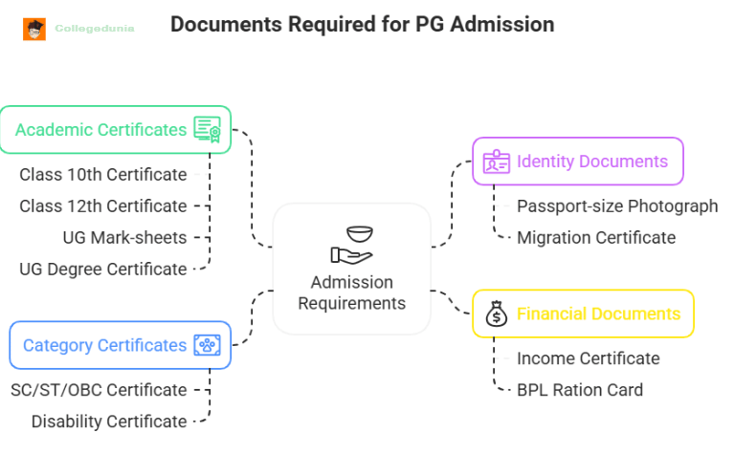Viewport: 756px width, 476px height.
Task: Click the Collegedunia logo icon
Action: (34, 29)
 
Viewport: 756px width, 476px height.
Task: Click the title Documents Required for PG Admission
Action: (362, 25)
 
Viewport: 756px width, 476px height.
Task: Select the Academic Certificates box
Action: (115, 130)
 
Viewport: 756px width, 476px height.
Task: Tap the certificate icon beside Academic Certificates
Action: (208, 130)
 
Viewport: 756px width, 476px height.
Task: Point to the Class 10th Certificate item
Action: (103, 175)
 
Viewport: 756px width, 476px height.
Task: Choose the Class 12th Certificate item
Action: (103, 206)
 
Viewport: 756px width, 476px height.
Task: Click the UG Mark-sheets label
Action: (124, 238)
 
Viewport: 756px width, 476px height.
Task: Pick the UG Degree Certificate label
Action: (103, 270)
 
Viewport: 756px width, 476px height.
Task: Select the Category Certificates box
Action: (119, 345)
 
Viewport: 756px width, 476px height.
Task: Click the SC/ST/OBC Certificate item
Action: (99, 390)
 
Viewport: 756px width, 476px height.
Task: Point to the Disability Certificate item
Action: (109, 422)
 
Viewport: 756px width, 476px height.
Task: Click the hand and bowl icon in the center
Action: (351, 244)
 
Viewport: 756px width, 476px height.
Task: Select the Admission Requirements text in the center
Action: (351, 293)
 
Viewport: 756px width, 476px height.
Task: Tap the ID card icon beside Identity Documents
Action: (497, 162)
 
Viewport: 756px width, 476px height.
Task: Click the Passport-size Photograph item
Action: (617, 206)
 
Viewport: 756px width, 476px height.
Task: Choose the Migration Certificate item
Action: (596, 238)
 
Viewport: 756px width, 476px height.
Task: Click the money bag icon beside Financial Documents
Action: (496, 314)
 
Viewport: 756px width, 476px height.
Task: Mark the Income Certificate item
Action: (588, 358)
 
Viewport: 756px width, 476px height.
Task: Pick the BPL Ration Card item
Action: (580, 390)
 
